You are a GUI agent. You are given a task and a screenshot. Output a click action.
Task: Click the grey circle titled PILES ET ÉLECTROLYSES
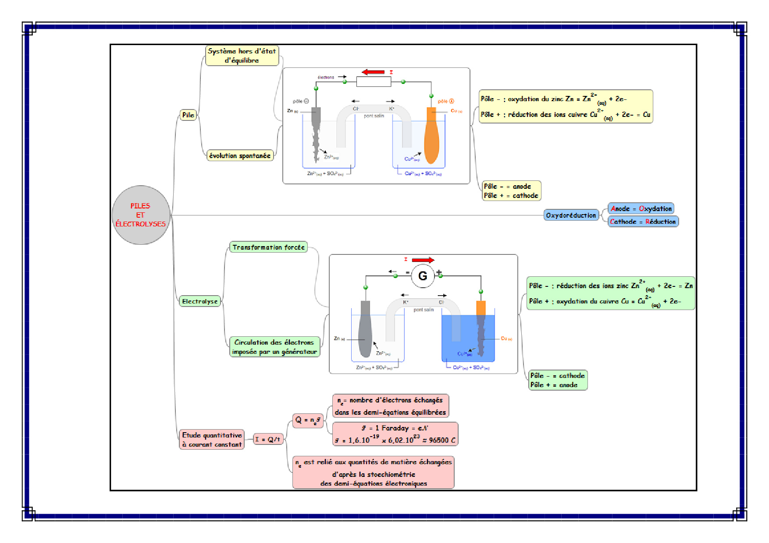coord(141,215)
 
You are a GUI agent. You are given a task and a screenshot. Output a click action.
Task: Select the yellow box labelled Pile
coord(188,115)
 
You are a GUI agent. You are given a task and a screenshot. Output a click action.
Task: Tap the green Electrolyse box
coord(199,301)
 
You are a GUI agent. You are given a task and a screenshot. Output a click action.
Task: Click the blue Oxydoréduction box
coord(571,215)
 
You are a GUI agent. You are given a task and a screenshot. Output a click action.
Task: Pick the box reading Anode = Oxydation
coord(641,208)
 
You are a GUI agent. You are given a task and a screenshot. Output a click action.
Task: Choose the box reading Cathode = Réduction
coord(643,222)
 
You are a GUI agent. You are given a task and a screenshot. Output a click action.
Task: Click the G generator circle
coord(423,276)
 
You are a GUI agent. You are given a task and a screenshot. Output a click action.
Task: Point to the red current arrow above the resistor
coord(373,72)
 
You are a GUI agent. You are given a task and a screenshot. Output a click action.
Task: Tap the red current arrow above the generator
coord(423,260)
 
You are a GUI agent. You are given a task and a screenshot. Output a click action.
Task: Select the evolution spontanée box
coord(240,155)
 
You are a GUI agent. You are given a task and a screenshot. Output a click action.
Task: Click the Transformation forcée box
coord(268,247)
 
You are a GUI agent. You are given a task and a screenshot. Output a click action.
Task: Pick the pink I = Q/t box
coord(268,439)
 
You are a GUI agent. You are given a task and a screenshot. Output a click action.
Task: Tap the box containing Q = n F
coord(308,420)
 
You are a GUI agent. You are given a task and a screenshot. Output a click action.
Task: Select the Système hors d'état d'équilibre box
coord(242,56)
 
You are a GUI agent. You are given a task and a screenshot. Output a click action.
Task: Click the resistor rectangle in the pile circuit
coord(374,82)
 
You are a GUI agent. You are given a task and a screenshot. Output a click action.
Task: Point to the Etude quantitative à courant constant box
coord(212,440)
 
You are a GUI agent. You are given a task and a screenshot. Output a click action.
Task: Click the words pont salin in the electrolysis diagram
coord(424,310)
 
